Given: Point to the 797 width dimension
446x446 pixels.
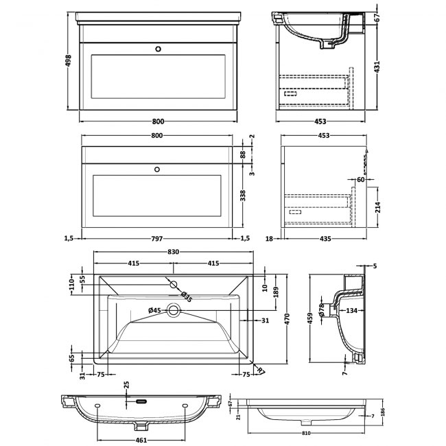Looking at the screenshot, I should [156, 238].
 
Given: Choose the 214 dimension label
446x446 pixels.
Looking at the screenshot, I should [377, 207].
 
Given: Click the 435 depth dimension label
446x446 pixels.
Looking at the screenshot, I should [326, 238].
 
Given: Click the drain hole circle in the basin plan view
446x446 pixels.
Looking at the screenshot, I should [174, 311].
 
